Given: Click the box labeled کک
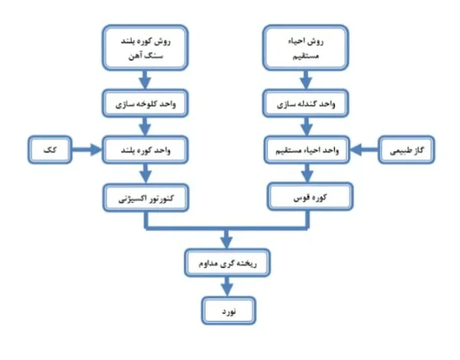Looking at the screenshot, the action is [x=50, y=150].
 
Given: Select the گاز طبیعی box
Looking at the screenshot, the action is [x=406, y=150].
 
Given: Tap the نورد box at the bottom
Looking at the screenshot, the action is [x=228, y=311].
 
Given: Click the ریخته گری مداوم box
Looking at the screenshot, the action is [x=228, y=263].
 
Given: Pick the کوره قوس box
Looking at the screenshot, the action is [x=310, y=197].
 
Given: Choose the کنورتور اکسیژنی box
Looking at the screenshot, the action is [x=146, y=198].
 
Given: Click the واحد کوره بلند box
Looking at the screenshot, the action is [x=145, y=150].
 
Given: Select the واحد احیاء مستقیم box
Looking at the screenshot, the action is [x=307, y=150].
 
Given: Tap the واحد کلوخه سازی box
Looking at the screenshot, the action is [x=145, y=103].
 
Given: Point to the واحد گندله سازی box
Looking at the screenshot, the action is [x=306, y=103].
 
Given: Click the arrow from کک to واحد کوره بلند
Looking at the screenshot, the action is [x=87, y=150].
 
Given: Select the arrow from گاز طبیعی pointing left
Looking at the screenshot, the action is [x=364, y=150].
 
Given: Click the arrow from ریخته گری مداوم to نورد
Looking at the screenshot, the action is [x=227, y=286].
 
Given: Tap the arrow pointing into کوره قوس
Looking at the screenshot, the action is [x=307, y=173].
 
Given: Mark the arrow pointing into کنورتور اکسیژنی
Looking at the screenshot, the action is [x=146, y=174].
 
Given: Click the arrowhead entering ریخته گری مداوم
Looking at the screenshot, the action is [x=226, y=243].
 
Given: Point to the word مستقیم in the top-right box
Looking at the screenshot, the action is [x=305, y=56].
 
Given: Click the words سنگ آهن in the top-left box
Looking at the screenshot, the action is [x=146, y=56].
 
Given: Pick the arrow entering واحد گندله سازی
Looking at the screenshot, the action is [x=306, y=80].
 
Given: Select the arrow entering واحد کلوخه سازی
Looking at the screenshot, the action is [x=145, y=80].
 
